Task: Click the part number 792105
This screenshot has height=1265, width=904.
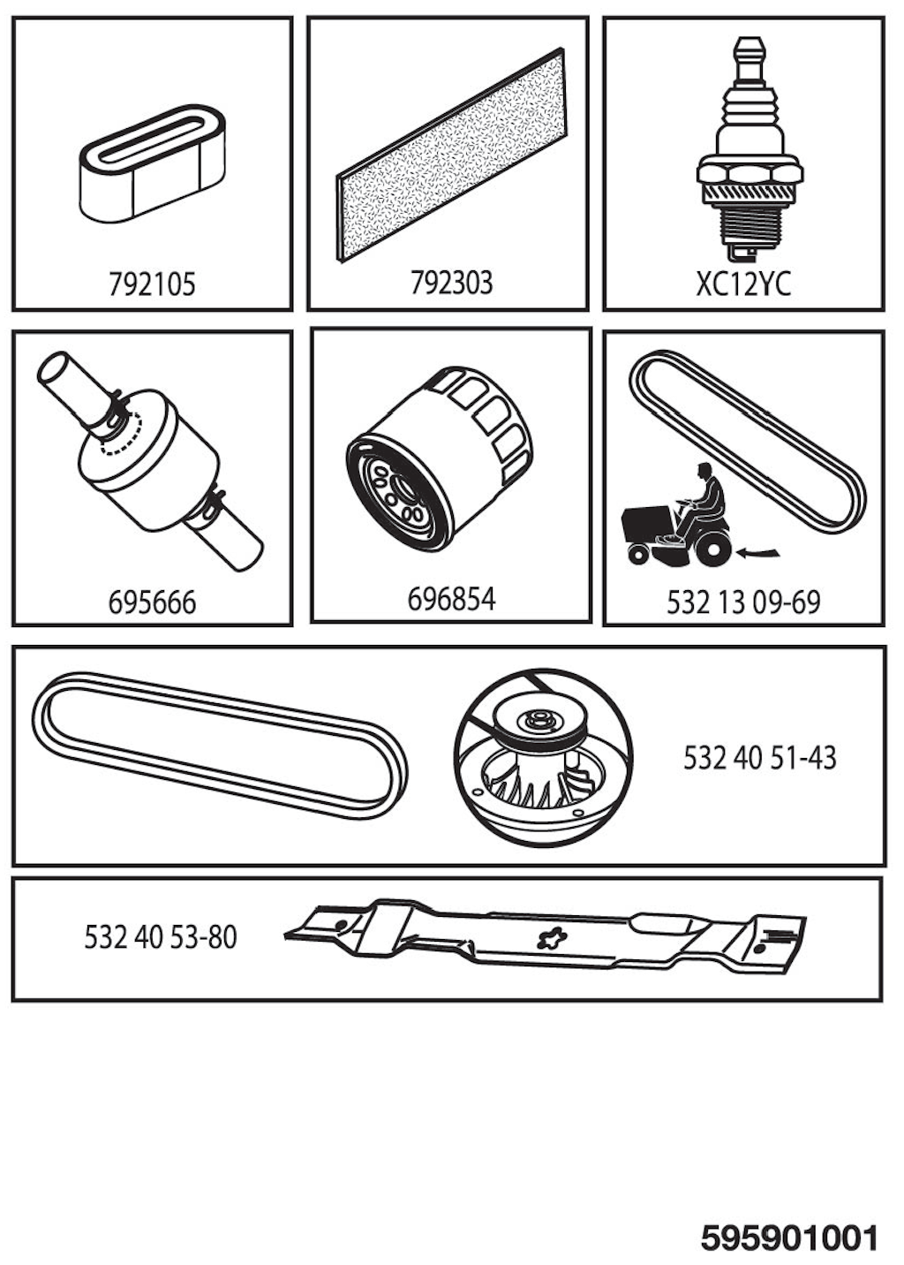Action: pos(152,284)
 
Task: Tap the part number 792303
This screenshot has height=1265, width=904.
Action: pos(451,283)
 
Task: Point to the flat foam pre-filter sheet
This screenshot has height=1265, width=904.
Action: pos(450,155)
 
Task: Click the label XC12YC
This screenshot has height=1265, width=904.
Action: pos(743,284)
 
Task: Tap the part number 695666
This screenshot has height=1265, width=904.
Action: pos(152,602)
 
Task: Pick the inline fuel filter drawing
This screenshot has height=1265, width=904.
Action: pos(149,460)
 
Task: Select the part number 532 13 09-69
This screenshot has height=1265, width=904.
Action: pos(742,602)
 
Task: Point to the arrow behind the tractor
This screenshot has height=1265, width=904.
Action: pos(759,552)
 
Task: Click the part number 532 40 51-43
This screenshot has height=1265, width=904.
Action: pos(759,757)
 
